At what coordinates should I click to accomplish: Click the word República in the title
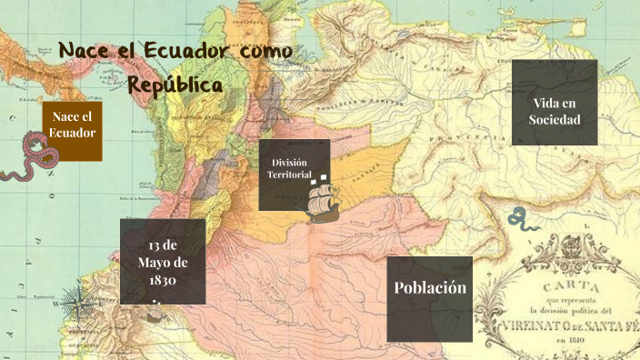coord(175,84)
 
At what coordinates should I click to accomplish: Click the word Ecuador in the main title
coord(187,51)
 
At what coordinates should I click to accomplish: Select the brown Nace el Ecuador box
coord(73,130)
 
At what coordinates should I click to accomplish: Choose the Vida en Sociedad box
coord(554,102)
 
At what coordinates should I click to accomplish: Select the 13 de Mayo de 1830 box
coord(162,261)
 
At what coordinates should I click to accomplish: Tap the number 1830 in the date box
coord(162,281)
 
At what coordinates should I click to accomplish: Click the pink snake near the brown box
coord(31,156)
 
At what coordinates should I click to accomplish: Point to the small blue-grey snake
coord(519,218)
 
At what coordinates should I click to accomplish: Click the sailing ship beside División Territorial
coord(323,202)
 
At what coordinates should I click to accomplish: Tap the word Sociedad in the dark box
coord(554,120)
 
